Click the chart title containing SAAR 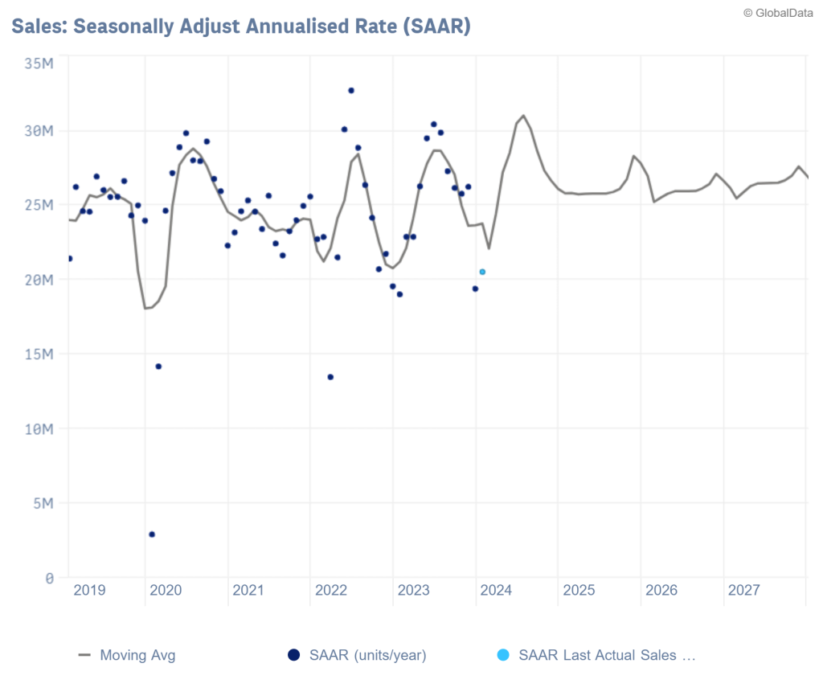240,26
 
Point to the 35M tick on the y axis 39,62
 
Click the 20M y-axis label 39,280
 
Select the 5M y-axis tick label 42,504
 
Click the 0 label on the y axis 49,578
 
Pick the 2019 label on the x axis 89,591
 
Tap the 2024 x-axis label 496,591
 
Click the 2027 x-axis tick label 744,591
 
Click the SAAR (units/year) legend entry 358,655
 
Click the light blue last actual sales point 482,272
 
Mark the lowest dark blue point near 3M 152,534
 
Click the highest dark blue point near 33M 351,90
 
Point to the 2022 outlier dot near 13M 330,377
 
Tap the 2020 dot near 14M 158,367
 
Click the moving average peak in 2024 523,116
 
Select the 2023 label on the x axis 414,591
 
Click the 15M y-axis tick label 39,354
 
